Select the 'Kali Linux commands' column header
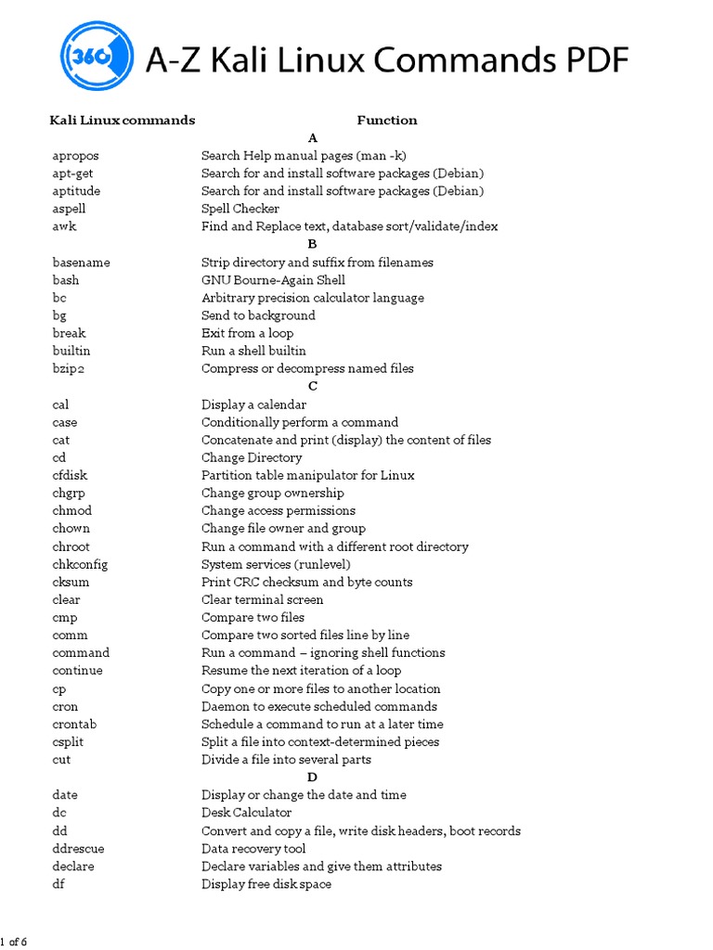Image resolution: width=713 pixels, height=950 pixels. pyautogui.click(x=122, y=120)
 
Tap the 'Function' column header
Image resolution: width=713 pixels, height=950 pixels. pyautogui.click(x=387, y=120)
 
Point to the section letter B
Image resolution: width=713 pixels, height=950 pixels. pyautogui.click(x=312, y=244)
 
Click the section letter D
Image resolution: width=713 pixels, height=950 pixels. pyautogui.click(x=312, y=777)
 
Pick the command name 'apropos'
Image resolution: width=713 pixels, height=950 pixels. pyautogui.click(x=75, y=156)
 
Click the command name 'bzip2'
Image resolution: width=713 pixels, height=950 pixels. pyautogui.click(x=71, y=368)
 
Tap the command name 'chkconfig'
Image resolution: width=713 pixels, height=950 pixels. pyautogui.click(x=80, y=564)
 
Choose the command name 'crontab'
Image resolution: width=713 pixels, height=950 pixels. pyautogui.click(x=74, y=724)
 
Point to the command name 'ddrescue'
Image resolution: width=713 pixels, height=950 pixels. pyautogui.click(x=78, y=848)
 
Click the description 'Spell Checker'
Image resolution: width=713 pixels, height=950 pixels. pyautogui.click(x=240, y=209)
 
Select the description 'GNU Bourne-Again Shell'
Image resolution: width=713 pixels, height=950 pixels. pyautogui.click(x=273, y=280)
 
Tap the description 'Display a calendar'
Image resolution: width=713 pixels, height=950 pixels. pyautogui.click(x=253, y=404)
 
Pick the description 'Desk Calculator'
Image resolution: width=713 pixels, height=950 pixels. pyautogui.click(x=246, y=813)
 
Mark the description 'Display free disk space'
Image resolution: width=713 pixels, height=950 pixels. pyautogui.click(x=266, y=883)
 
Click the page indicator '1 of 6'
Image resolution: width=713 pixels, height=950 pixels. pyautogui.click(x=14, y=943)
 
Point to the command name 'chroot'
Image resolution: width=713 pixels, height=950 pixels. pyautogui.click(x=71, y=546)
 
